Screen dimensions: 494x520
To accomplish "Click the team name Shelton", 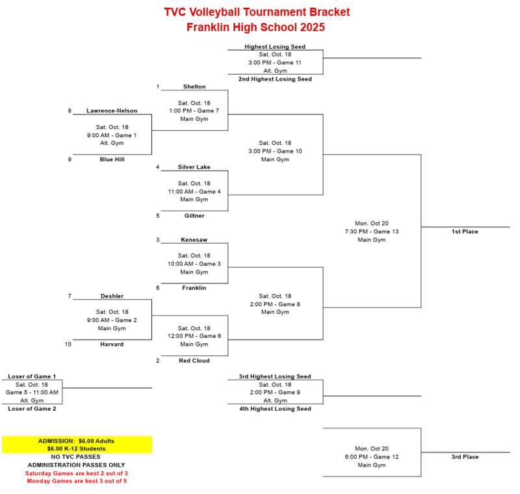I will click(194, 86).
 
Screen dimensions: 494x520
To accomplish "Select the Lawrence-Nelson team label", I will click(112, 110).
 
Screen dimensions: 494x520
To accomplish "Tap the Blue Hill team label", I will click(112, 159).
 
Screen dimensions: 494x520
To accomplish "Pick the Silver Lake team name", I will click(194, 167).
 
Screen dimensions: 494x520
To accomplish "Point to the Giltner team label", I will click(194, 216).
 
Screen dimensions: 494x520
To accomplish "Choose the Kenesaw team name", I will click(194, 240).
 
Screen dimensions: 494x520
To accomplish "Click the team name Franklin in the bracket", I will click(194, 288).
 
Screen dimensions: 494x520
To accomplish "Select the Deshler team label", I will click(112, 296).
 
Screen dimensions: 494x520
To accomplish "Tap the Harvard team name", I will click(112, 344).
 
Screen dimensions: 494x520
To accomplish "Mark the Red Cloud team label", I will click(194, 361).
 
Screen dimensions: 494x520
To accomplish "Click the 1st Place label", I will click(465, 231).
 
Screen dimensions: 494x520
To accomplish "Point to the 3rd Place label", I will click(465, 457).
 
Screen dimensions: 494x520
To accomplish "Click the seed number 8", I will click(70, 110).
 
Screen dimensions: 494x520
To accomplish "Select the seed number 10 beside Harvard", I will click(69, 344).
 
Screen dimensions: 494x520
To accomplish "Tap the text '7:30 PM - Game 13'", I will click(372, 231).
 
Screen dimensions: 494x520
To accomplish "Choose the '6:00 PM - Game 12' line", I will click(372, 457).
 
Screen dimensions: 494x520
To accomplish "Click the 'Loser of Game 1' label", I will click(32, 376).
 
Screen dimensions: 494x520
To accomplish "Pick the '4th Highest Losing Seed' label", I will click(275, 409).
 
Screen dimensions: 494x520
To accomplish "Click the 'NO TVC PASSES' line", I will click(76, 457).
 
